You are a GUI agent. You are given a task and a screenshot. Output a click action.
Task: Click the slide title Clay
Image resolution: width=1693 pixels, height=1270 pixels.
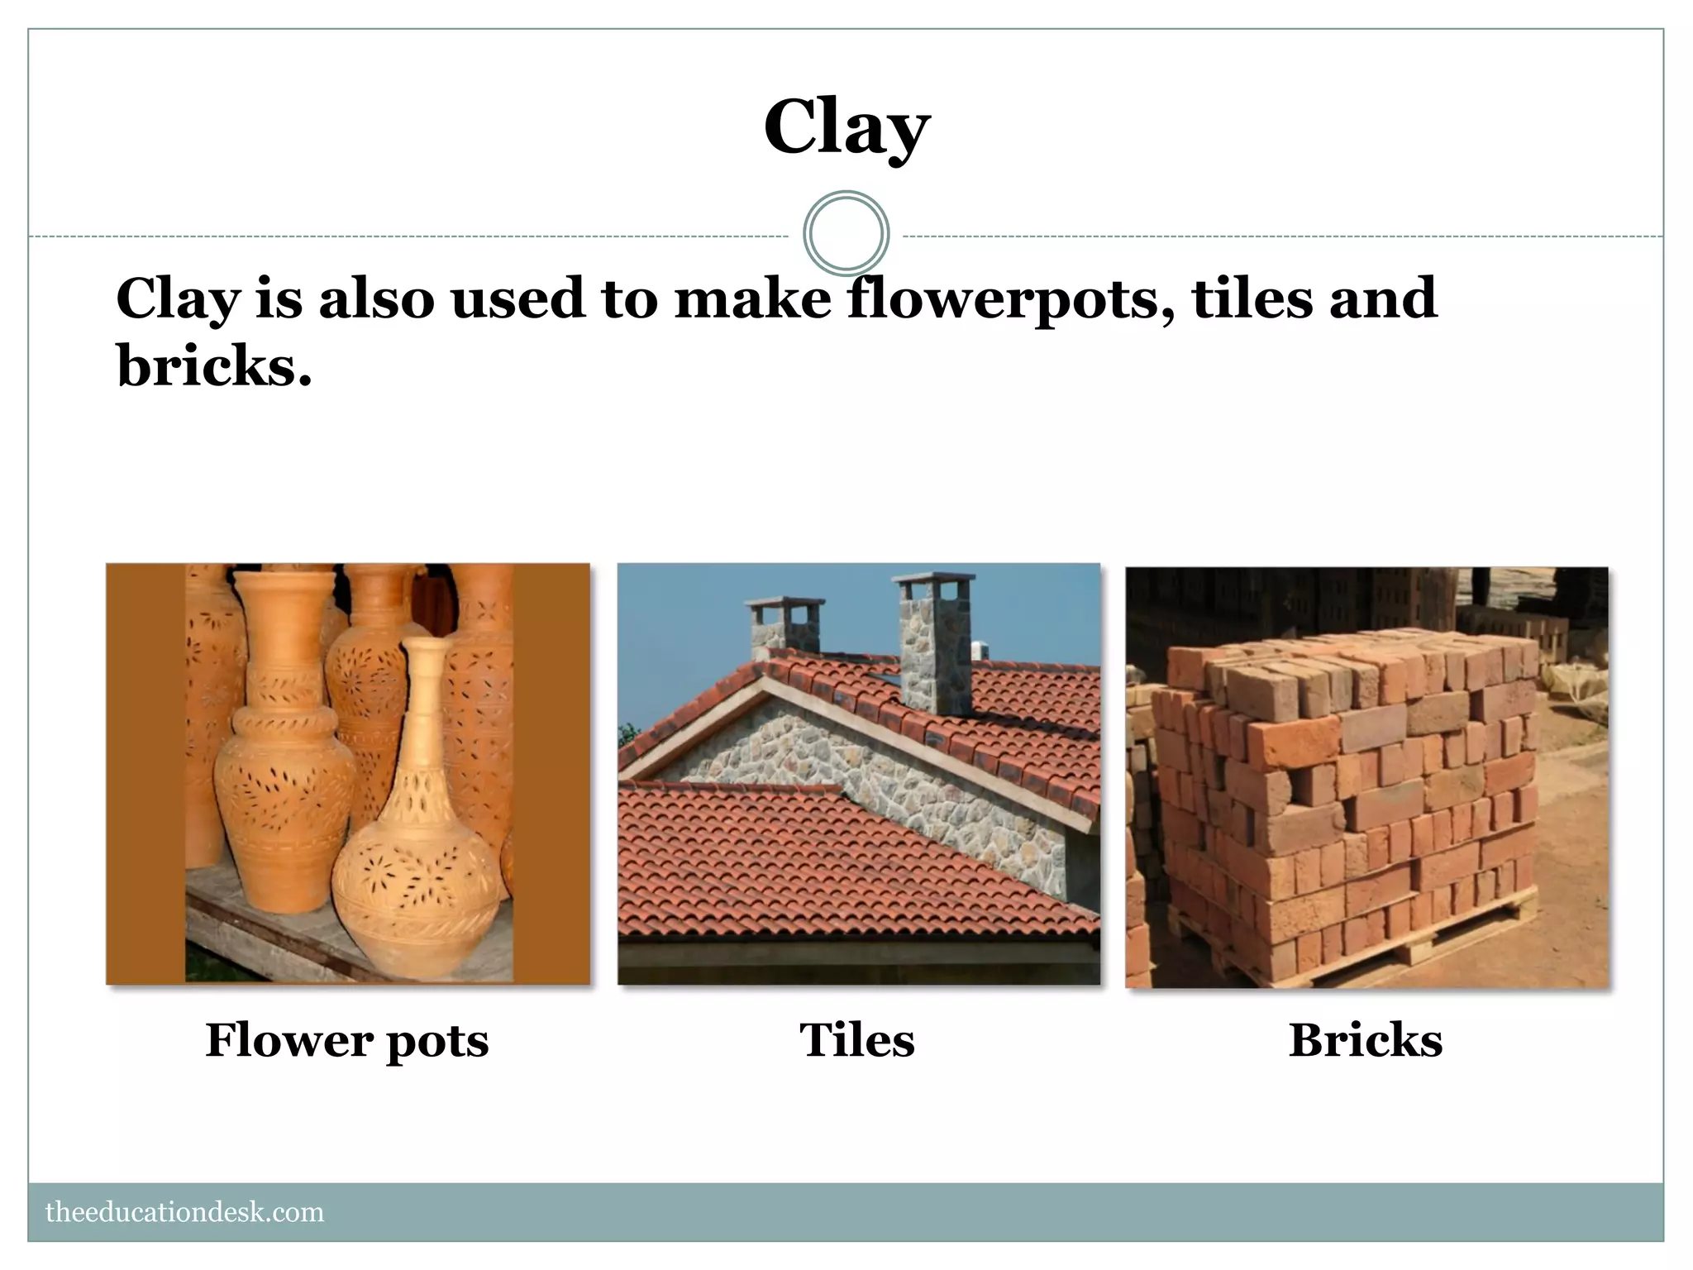846,128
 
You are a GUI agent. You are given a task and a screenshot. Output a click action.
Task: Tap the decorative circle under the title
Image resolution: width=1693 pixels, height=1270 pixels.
846,233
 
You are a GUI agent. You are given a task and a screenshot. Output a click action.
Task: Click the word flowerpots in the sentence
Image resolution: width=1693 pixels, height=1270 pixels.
1009,299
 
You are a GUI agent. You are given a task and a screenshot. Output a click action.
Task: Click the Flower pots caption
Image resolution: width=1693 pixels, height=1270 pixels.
346,1040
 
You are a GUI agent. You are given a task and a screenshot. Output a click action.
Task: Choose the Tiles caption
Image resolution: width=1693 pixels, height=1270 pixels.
857,1039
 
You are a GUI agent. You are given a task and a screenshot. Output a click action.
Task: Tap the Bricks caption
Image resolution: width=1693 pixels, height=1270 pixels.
1366,1039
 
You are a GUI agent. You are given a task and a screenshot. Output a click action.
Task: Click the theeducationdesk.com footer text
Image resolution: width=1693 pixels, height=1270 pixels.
184,1212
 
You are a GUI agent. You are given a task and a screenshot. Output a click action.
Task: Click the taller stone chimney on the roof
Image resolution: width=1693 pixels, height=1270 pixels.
935,649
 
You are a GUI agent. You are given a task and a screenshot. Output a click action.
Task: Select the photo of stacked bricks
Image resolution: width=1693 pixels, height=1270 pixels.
1366,777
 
